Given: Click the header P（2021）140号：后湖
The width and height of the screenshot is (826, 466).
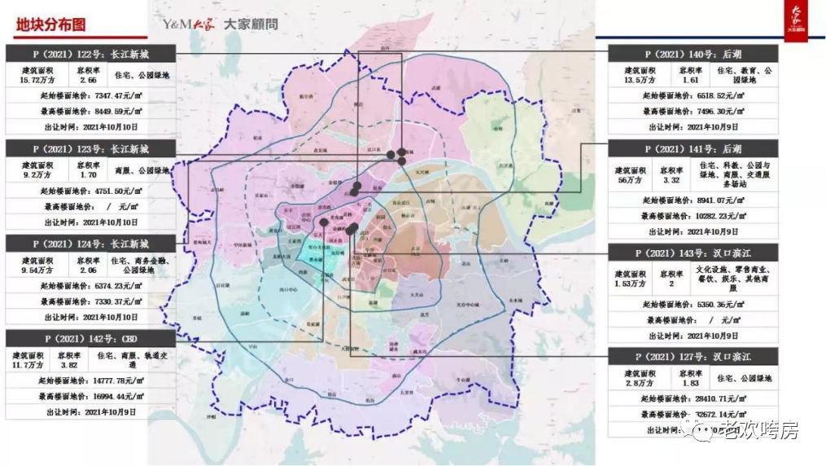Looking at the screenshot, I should (x=693, y=54).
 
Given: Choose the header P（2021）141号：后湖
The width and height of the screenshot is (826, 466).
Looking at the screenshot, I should (x=693, y=149).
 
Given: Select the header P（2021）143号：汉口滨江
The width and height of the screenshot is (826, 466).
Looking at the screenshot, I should (x=693, y=253).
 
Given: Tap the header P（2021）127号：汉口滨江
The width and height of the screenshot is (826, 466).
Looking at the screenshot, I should (x=693, y=357).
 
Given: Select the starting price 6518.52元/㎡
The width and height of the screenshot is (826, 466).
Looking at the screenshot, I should (x=715, y=95).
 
